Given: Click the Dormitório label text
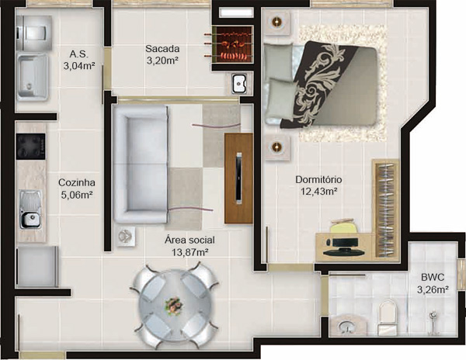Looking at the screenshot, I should pyautogui.click(x=318, y=180).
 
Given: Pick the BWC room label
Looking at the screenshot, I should pyautogui.click(x=433, y=276).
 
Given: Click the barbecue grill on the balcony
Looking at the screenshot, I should pyautogui.click(x=228, y=46).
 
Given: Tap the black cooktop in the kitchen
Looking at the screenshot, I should pyautogui.click(x=31, y=146).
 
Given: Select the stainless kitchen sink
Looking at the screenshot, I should pyautogui.click(x=31, y=209).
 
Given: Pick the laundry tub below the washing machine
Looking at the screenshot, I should pyautogui.click(x=32, y=75).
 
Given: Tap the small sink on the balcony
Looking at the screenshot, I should pyautogui.click(x=239, y=81).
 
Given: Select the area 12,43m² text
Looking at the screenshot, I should pyautogui.click(x=318, y=192).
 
